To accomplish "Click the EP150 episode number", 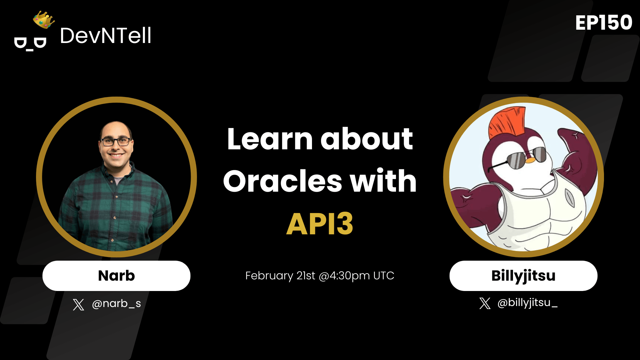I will [x=603, y=23].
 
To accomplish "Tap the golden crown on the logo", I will [x=44, y=20].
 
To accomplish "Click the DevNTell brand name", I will [x=105, y=36].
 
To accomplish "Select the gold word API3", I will [x=320, y=224].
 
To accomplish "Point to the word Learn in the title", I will [x=269, y=139].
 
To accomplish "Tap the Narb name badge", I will [x=116, y=276].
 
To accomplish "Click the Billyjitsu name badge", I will [x=523, y=276].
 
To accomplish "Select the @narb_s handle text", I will [x=116, y=304].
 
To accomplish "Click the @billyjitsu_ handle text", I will [x=527, y=303].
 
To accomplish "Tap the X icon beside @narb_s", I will [x=78, y=304].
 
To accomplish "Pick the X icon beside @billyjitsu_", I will [x=485, y=303].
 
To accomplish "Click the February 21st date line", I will [x=320, y=276].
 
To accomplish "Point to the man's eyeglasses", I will [x=116, y=142].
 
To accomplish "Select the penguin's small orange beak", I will [x=530, y=161].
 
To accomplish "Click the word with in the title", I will [x=383, y=181].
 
